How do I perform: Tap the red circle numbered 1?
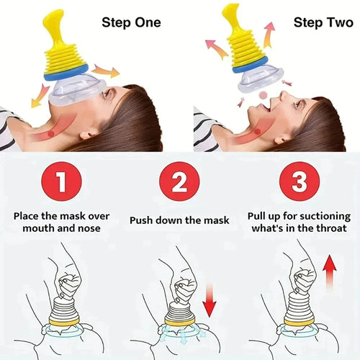click(60, 182)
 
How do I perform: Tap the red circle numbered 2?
click(180, 182)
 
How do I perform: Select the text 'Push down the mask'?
click(180, 220)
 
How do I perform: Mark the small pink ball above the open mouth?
click(263, 94)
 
